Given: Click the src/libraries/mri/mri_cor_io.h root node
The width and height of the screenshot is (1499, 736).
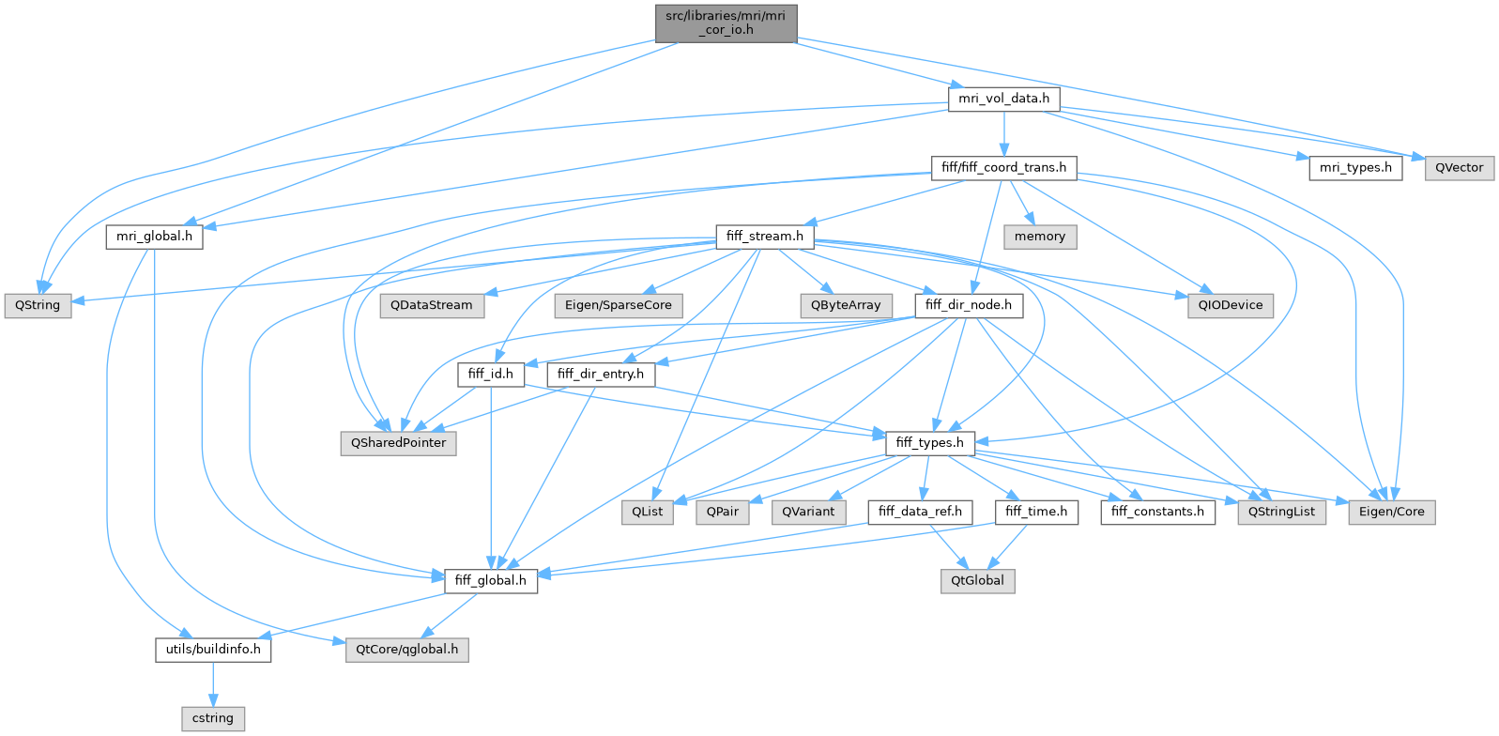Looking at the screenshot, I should (x=726, y=23).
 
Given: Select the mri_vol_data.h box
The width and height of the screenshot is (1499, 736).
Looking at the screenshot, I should (x=1003, y=99).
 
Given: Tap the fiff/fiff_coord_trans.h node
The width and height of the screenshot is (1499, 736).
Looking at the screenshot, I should (x=1003, y=168).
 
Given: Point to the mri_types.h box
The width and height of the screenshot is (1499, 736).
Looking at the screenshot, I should (x=1355, y=168).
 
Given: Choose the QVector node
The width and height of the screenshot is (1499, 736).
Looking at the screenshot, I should (x=1459, y=168).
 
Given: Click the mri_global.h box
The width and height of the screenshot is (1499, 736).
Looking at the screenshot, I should (x=154, y=237).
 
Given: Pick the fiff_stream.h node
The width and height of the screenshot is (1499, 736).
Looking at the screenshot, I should (x=764, y=237).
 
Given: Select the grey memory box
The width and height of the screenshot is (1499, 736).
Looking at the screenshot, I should (x=1039, y=237).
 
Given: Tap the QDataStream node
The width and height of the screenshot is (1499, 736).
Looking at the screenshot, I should (x=432, y=305).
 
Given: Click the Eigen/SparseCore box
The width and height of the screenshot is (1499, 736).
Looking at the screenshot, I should (x=619, y=305).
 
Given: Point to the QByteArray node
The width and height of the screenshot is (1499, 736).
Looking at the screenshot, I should (x=846, y=305).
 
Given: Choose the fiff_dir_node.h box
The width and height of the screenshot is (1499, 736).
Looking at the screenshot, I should (x=968, y=305).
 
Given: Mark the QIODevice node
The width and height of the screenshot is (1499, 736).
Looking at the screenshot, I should (x=1230, y=305).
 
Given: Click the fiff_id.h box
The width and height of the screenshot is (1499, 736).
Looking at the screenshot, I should (x=490, y=374).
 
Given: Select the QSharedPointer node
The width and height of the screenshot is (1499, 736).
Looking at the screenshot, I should (x=398, y=442).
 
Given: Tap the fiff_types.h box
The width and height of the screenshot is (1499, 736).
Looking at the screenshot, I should (x=929, y=442).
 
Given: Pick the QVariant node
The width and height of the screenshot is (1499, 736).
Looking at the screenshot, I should (x=807, y=512).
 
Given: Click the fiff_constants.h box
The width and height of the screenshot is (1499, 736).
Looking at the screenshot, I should (x=1157, y=512).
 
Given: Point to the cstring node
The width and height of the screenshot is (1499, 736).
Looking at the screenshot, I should (x=213, y=718).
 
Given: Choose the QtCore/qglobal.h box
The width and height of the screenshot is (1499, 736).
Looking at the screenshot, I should (x=406, y=649).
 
